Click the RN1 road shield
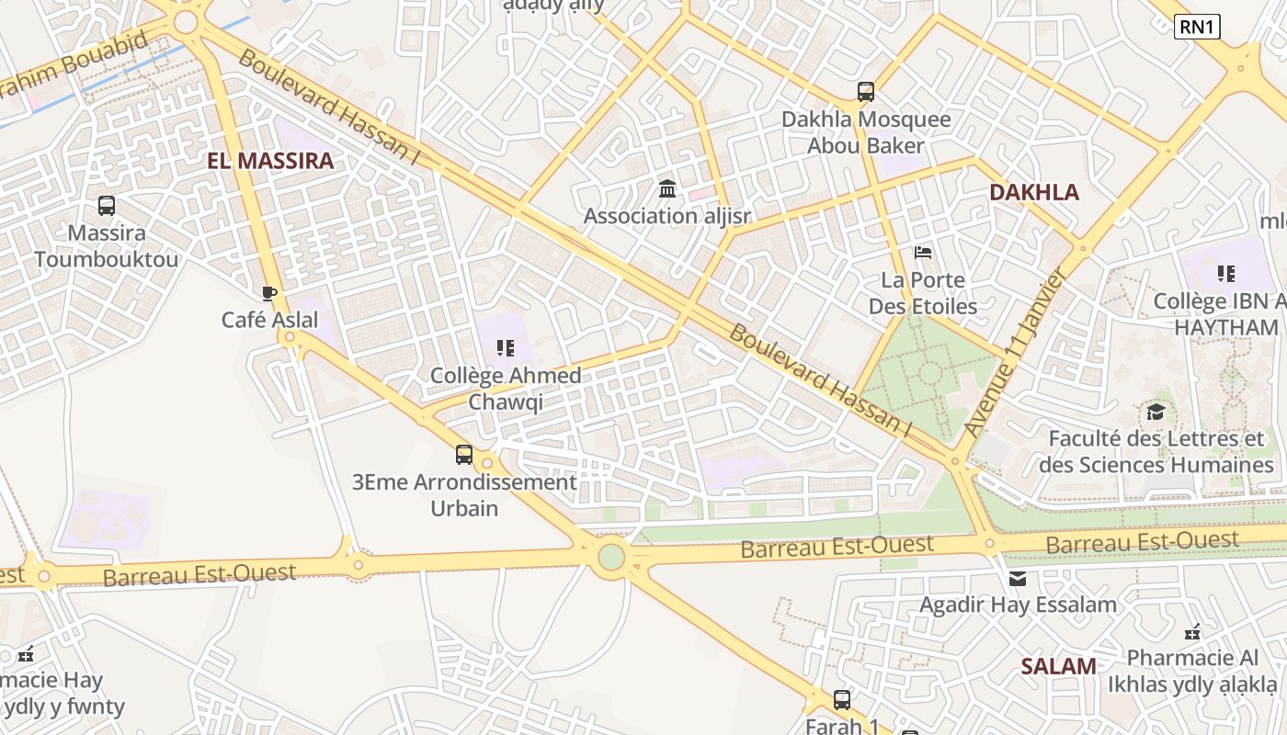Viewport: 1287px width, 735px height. (x=1197, y=27)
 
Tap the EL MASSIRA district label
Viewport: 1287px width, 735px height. (x=270, y=162)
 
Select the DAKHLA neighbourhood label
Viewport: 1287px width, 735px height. (x=1034, y=193)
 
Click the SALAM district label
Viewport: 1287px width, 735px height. (x=1058, y=667)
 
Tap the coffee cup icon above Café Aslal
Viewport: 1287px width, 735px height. (x=268, y=293)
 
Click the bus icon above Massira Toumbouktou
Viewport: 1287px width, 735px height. (x=107, y=206)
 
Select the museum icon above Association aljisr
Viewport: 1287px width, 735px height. (x=667, y=189)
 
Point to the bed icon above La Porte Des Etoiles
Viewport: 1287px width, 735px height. (x=923, y=253)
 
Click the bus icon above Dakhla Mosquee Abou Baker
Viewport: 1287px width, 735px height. (x=865, y=92)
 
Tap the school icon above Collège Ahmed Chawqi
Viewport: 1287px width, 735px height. (x=505, y=348)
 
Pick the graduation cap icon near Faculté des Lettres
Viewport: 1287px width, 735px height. (x=1156, y=412)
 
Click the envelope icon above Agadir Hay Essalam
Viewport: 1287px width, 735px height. (x=1018, y=579)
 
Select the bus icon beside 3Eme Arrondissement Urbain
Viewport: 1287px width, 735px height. (x=464, y=454)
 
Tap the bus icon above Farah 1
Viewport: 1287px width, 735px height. (x=842, y=700)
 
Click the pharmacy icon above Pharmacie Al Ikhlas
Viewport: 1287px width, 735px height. (x=1192, y=632)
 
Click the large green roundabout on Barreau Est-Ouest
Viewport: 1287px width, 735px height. (x=611, y=556)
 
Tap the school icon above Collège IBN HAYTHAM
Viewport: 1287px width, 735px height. (x=1225, y=273)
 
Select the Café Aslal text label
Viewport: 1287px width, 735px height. (x=269, y=320)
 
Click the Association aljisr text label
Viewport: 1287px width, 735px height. (x=667, y=217)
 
